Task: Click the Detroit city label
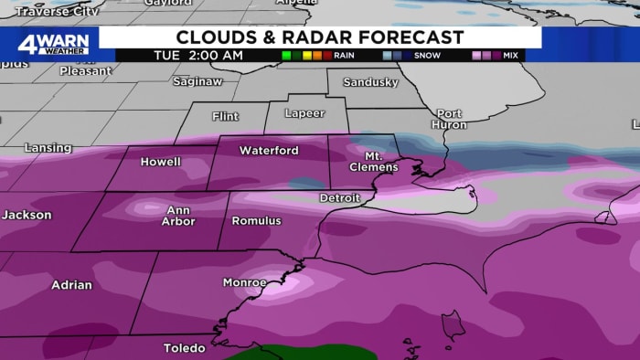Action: click(x=339, y=198)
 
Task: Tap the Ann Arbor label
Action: click(x=178, y=216)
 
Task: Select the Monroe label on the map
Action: click(x=245, y=282)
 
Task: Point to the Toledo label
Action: click(x=185, y=348)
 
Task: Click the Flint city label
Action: click(x=225, y=117)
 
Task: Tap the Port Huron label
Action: click(x=449, y=120)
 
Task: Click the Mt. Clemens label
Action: click(x=375, y=162)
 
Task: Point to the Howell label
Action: click(x=160, y=162)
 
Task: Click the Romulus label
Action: click(x=257, y=221)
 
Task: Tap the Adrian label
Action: click(x=71, y=285)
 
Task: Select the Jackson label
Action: click(x=27, y=216)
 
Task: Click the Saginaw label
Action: click(x=197, y=81)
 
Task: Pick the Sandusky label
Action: click(x=370, y=82)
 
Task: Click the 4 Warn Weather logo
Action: click(x=53, y=43)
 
